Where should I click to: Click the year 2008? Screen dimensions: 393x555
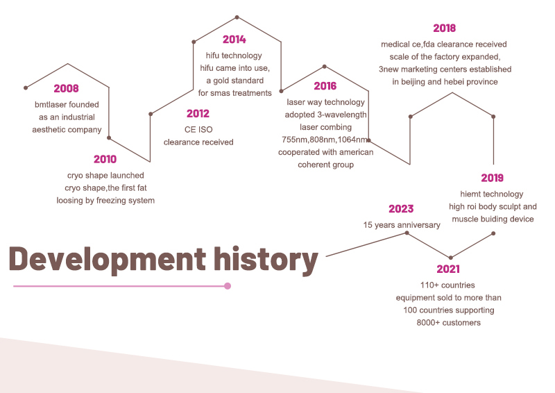tap(67, 88)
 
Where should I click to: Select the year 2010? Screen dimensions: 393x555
tap(105, 159)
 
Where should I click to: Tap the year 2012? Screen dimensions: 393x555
tap(198, 114)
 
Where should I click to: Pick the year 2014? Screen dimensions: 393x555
tap(234, 40)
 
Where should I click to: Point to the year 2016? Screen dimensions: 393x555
tap(325, 86)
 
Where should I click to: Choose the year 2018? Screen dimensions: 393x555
tap(444, 28)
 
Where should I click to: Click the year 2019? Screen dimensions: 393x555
tap(492, 178)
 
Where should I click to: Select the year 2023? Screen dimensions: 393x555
tap(401, 209)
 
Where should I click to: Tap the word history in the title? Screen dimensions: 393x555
tap(266, 259)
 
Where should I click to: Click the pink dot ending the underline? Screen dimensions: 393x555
tap(228, 286)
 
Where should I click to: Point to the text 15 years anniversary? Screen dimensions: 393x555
tap(402, 225)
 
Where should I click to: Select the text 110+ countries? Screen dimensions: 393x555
tap(447, 285)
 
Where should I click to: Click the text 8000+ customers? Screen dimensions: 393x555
tap(448, 323)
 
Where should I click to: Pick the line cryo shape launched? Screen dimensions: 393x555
tap(105, 176)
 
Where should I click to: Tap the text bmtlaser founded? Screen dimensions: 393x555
tap(67, 105)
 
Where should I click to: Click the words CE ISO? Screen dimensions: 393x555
tap(197, 130)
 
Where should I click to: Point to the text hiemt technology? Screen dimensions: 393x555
tap(492, 194)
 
